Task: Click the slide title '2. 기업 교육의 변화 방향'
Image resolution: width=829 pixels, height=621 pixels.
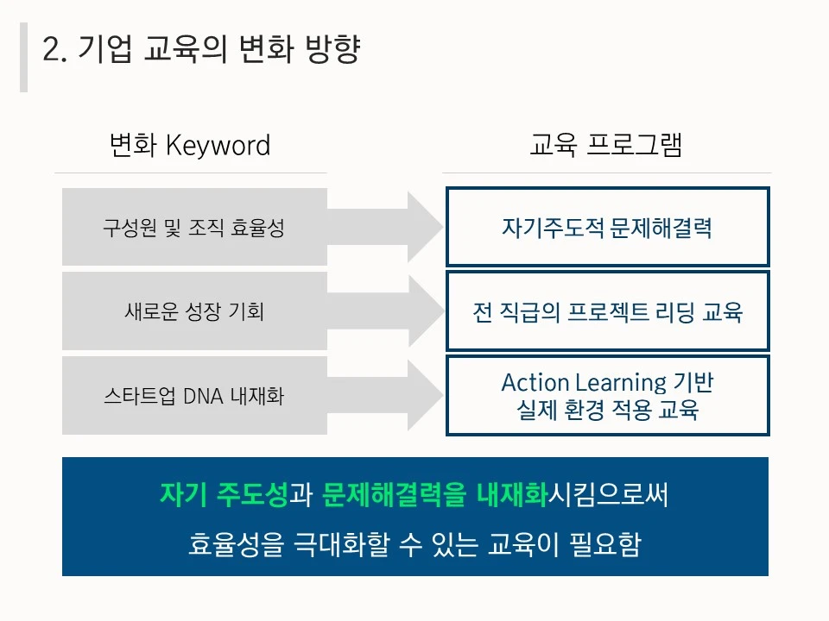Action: (x=200, y=51)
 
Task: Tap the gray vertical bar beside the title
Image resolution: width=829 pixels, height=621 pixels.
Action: (x=23, y=57)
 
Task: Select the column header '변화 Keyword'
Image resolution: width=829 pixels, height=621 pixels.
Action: (x=190, y=145)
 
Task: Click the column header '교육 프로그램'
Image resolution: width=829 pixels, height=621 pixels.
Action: (x=605, y=145)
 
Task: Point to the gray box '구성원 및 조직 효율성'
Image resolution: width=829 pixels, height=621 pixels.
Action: (x=193, y=228)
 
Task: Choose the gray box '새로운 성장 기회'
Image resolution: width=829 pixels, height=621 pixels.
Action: (x=193, y=311)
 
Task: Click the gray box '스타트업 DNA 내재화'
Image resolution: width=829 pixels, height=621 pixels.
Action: (x=193, y=396)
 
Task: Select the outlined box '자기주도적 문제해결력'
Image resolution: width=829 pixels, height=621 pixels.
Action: (x=607, y=228)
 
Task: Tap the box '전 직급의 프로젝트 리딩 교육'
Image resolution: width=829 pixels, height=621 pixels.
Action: (x=607, y=311)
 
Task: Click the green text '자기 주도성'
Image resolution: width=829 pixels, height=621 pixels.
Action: (x=223, y=494)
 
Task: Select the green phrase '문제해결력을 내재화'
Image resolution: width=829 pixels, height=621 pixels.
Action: (x=434, y=494)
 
